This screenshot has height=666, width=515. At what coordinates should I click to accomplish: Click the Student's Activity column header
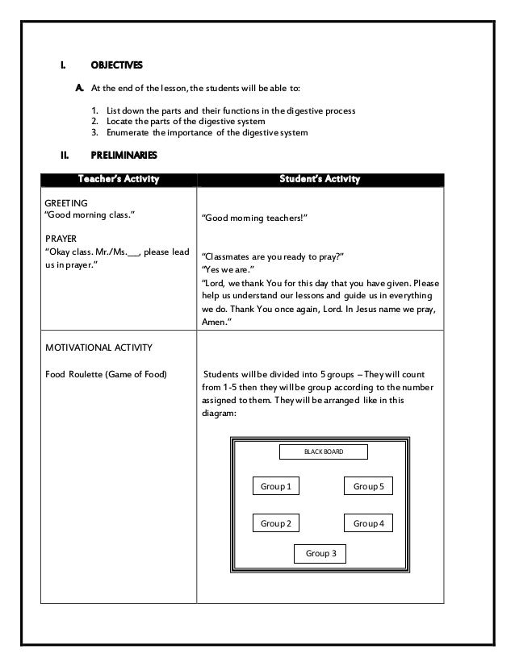[320, 178]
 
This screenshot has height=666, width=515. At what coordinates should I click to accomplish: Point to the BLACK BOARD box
[323, 452]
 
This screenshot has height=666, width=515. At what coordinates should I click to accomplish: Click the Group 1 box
[275, 486]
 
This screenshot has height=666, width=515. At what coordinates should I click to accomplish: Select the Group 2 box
[275, 523]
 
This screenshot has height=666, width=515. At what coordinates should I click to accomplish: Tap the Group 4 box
[368, 523]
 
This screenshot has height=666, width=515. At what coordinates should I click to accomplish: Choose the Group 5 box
[368, 486]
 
